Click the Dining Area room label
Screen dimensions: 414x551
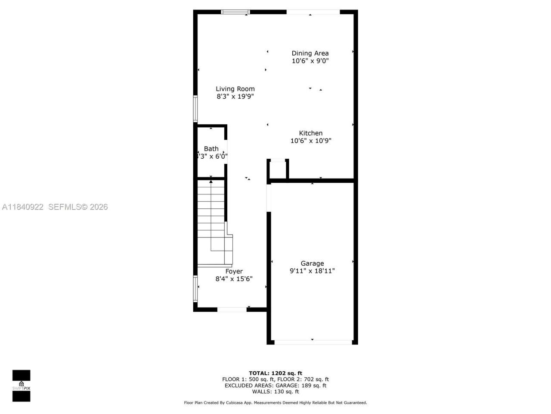310,53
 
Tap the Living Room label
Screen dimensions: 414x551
235,89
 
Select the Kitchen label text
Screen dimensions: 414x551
310,133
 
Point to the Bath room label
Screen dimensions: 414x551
211,148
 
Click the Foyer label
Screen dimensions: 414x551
234,271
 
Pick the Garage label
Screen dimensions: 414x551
312,263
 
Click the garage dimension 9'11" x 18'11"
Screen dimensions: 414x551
312,271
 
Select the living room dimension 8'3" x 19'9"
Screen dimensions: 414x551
235,97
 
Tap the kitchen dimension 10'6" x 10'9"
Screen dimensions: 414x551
310,141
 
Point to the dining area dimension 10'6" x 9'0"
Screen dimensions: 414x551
310,61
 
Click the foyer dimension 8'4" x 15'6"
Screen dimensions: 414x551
234,279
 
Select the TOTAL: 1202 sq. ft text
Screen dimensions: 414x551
275,373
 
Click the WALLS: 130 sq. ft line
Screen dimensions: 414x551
275,392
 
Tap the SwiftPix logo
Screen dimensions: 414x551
21,386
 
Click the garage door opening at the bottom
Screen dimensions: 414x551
313,342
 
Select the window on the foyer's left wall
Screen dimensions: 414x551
195,289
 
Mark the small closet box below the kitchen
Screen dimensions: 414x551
278,169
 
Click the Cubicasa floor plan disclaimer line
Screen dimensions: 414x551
275,403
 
